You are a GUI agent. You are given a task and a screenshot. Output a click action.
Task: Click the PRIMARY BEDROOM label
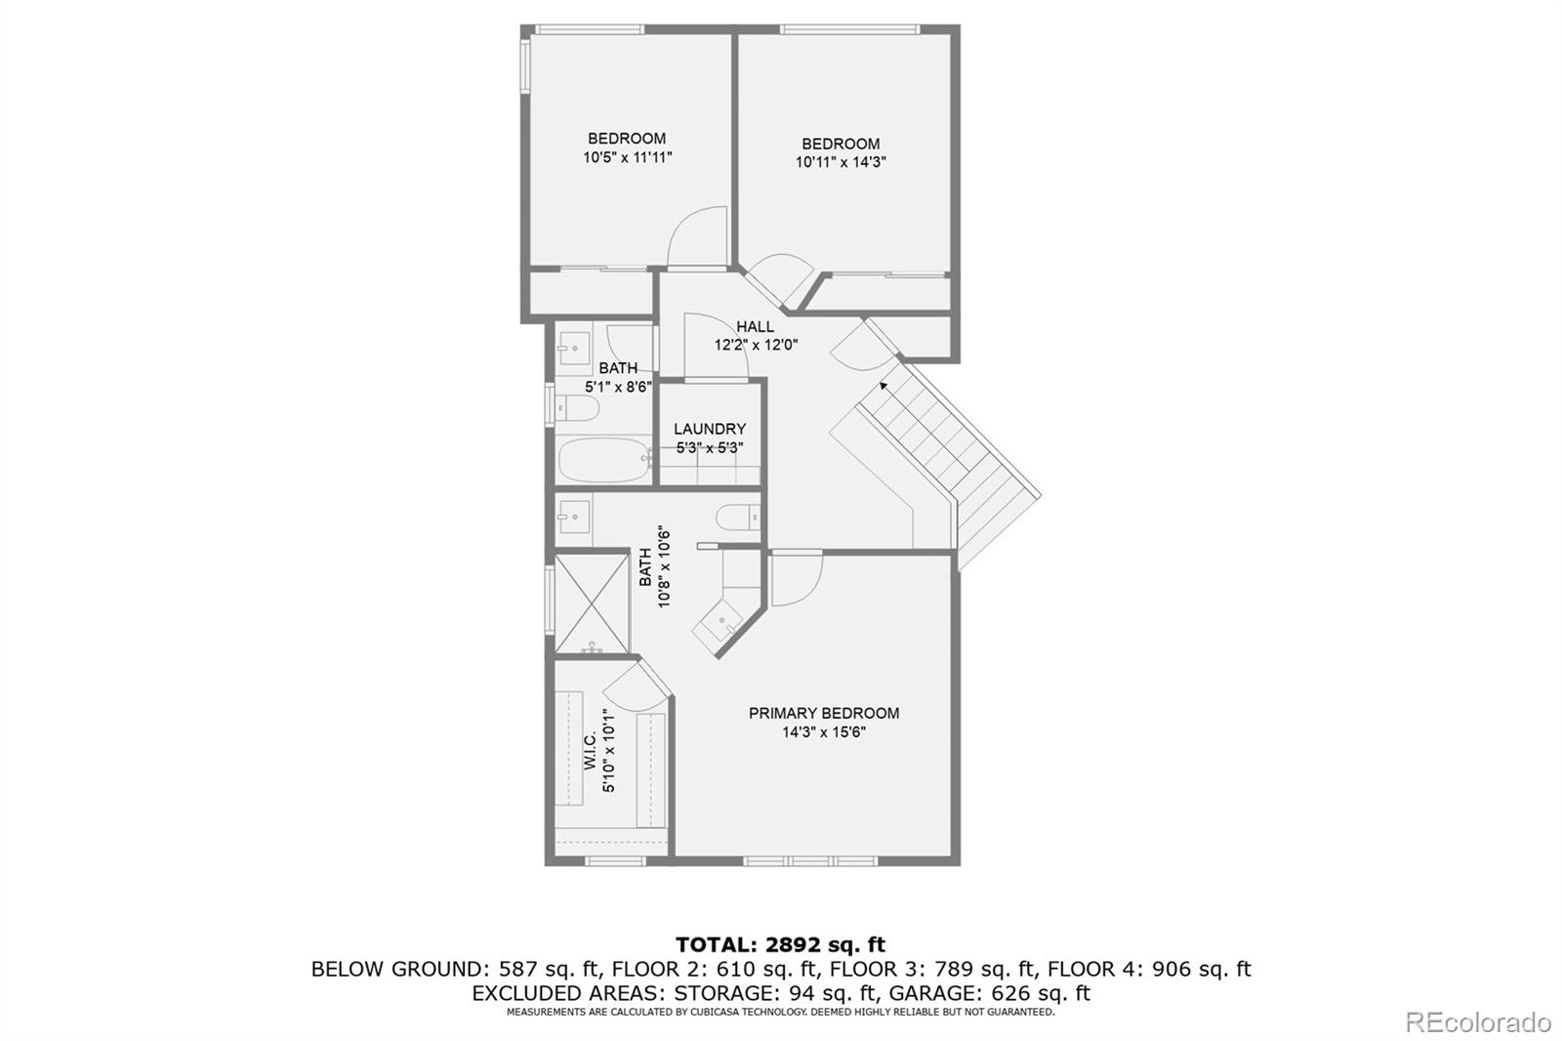824,713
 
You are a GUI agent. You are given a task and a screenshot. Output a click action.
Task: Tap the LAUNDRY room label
709,429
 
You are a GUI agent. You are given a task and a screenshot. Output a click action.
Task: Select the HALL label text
756,326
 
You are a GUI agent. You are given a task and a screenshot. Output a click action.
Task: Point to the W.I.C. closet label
590,751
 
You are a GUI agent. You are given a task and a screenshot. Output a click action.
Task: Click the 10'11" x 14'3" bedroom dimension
841,162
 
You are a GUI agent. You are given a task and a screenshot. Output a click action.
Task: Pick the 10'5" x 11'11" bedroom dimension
628,157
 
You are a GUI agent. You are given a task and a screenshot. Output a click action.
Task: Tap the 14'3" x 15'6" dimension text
824,731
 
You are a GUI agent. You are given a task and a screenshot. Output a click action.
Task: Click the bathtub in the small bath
604,460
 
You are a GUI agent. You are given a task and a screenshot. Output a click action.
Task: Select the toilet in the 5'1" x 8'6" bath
577,408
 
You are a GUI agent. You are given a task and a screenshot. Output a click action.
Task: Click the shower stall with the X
592,604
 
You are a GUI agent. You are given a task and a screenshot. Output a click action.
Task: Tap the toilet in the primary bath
738,518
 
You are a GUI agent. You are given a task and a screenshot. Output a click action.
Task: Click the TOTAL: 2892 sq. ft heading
780,944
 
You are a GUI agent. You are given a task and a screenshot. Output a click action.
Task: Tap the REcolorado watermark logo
1478,1022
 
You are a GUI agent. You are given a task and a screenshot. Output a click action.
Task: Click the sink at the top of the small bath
574,348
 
